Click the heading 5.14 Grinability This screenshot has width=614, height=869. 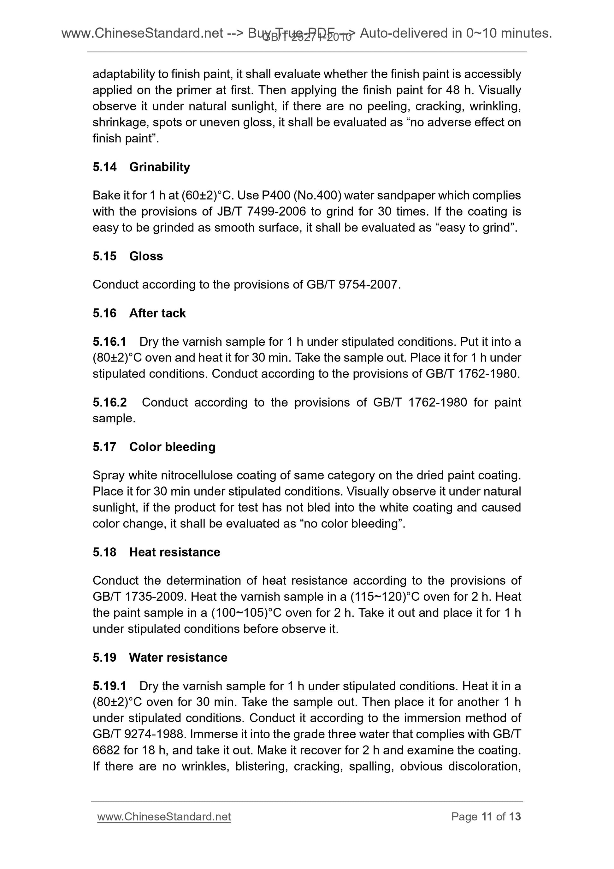pyautogui.click(x=141, y=167)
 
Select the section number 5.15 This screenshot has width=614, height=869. pyautogui.click(x=104, y=256)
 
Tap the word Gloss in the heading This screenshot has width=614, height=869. pyautogui.click(x=146, y=256)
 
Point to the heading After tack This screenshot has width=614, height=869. pyautogui.click(x=157, y=313)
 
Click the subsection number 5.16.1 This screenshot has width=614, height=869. pyautogui.click(x=109, y=342)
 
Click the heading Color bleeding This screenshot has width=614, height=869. pyautogui.click(x=172, y=447)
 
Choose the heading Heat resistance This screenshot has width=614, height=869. pyautogui.click(x=174, y=552)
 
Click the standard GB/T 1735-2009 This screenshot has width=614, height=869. pyautogui.click(x=139, y=597)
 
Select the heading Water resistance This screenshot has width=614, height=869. pyautogui.click(x=178, y=657)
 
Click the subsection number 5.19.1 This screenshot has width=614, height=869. pyautogui.click(x=109, y=686)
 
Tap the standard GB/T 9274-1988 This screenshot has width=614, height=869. pyautogui.click(x=139, y=734)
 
